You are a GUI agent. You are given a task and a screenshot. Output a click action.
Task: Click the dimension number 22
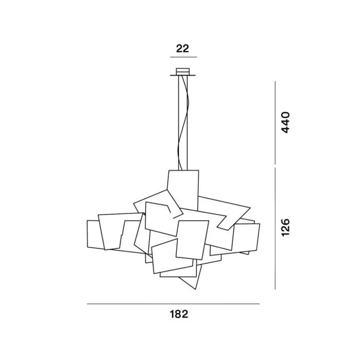click(x=183, y=49)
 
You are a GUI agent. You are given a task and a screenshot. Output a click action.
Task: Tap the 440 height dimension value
click(x=285, y=122)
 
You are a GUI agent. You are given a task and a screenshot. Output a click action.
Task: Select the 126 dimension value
click(x=285, y=228)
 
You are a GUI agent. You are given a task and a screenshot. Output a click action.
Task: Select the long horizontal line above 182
click(x=173, y=304)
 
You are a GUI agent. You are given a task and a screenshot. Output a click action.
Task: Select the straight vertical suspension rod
click(x=178, y=123)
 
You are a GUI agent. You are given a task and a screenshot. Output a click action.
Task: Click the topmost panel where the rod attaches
click(x=183, y=185)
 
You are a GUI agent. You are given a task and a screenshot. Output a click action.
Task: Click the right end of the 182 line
click(x=259, y=304)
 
